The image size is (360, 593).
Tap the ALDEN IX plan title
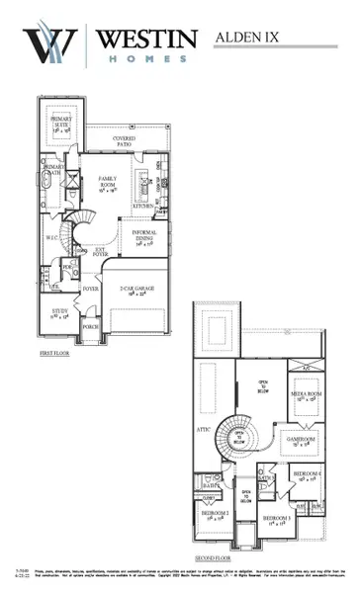[x=246, y=39]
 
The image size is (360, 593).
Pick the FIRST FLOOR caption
[x=59, y=352]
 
